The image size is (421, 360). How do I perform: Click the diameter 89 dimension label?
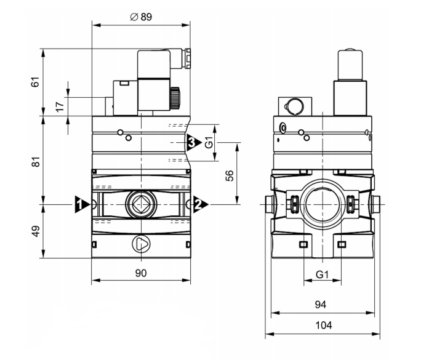tap(141, 17)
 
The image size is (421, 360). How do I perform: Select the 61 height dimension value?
tap(35, 82)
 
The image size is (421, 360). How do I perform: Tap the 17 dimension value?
tap(60, 106)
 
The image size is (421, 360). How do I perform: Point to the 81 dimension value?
tap(36, 162)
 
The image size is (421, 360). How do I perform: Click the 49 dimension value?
tap(36, 231)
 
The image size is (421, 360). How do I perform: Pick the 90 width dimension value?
tap(141, 273)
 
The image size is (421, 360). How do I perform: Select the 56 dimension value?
tap(230, 176)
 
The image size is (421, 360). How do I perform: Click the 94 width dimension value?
tap(321, 305)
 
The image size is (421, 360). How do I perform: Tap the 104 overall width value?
tap(324, 326)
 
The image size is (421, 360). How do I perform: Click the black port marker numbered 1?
tap(82, 204)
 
